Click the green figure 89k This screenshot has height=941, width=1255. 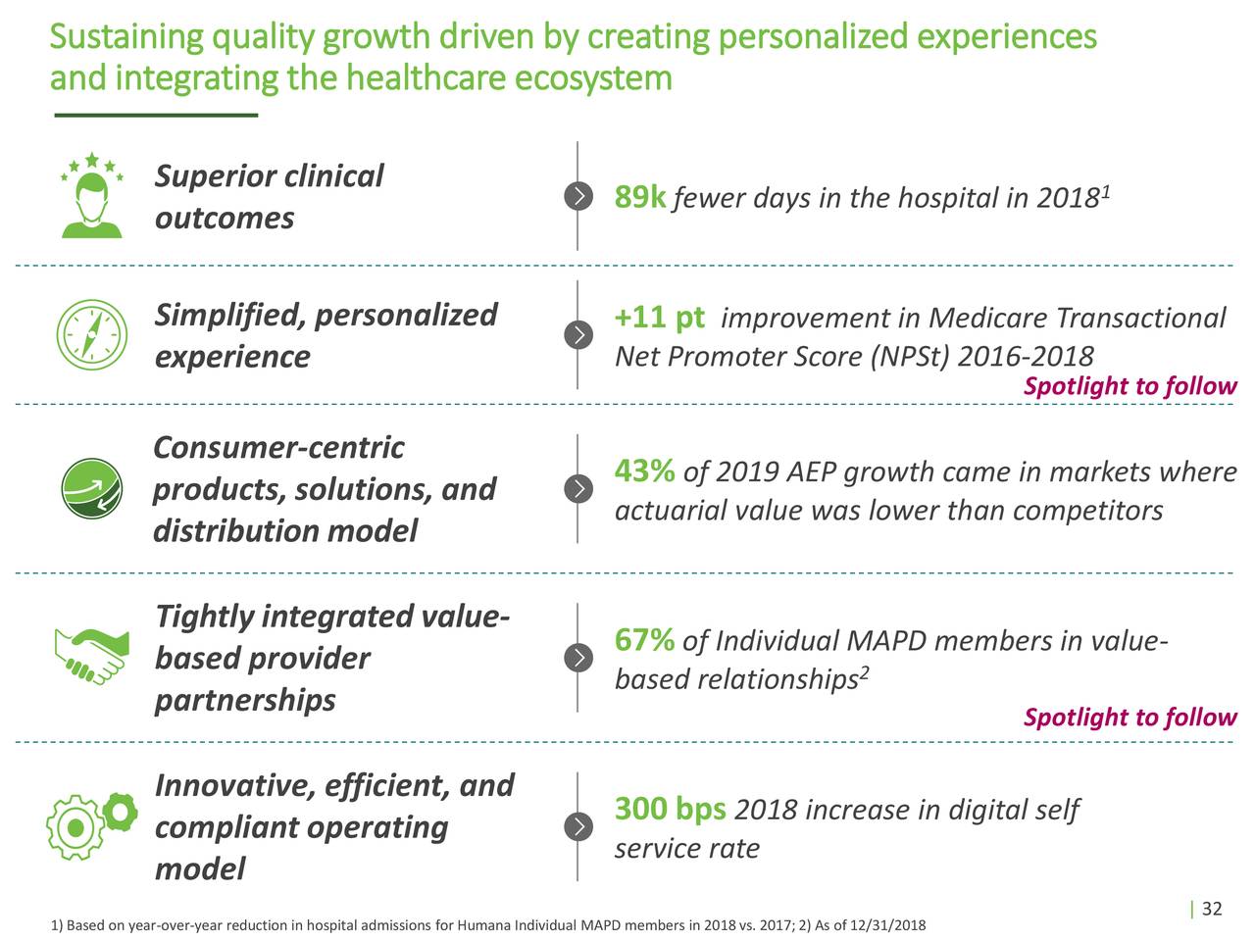[640, 197]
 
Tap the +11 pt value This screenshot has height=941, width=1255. [659, 318]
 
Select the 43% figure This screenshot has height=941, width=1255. [644, 471]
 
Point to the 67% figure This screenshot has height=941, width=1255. [644, 640]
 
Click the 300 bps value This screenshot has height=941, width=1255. [670, 809]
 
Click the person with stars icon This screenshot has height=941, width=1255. [92, 196]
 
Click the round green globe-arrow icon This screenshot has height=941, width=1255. [91, 487]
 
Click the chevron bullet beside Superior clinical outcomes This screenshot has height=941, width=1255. [579, 196]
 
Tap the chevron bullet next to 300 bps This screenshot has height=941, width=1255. [579, 826]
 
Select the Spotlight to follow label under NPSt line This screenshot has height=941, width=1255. [1129, 386]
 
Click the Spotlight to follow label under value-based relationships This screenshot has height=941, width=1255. [1129, 718]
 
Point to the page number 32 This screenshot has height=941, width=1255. [1212, 909]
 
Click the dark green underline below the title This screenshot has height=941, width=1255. [155, 116]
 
